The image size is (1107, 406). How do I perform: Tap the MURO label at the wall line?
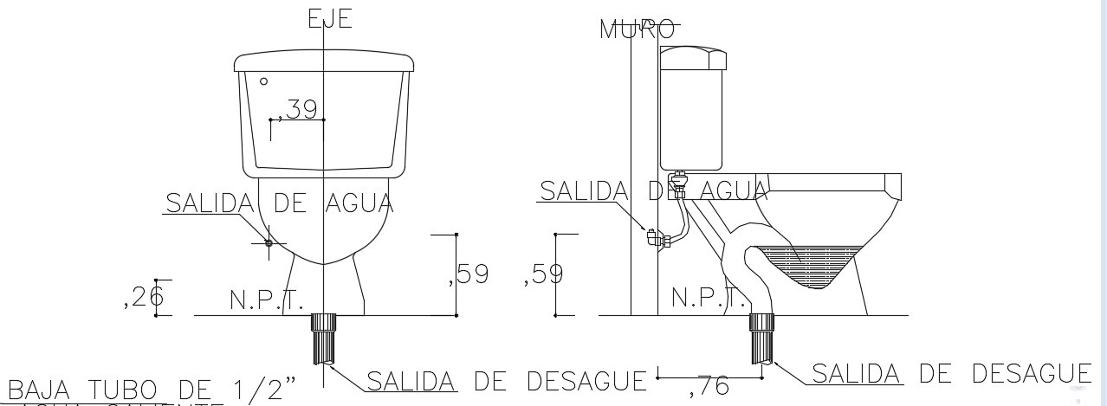[637, 29]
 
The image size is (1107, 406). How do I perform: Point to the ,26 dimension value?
[143, 298]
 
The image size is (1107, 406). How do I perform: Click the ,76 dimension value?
[709, 387]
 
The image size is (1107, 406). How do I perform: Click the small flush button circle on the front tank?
[264, 81]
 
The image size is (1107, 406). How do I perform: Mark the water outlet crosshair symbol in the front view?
[269, 243]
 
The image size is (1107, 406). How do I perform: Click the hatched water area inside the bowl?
[810, 264]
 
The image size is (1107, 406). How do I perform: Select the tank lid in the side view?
[692, 57]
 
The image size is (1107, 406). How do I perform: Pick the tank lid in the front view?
[324, 61]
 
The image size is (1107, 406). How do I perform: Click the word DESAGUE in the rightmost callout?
[1031, 374]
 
